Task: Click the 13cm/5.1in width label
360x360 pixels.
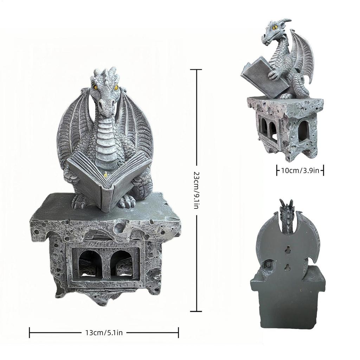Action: click(x=104, y=332)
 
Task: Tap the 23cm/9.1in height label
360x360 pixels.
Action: click(x=196, y=190)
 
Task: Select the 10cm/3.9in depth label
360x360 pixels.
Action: click(x=300, y=171)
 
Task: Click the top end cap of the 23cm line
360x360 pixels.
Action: click(x=196, y=70)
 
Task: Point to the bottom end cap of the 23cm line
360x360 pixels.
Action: click(x=196, y=311)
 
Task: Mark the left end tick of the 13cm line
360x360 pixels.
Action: click(x=30, y=332)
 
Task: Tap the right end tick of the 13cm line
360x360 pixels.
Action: click(x=179, y=332)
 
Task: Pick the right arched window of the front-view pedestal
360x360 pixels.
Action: click(x=121, y=264)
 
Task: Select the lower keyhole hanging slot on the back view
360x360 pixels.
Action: click(x=288, y=268)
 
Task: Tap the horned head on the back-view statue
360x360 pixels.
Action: click(x=286, y=214)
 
